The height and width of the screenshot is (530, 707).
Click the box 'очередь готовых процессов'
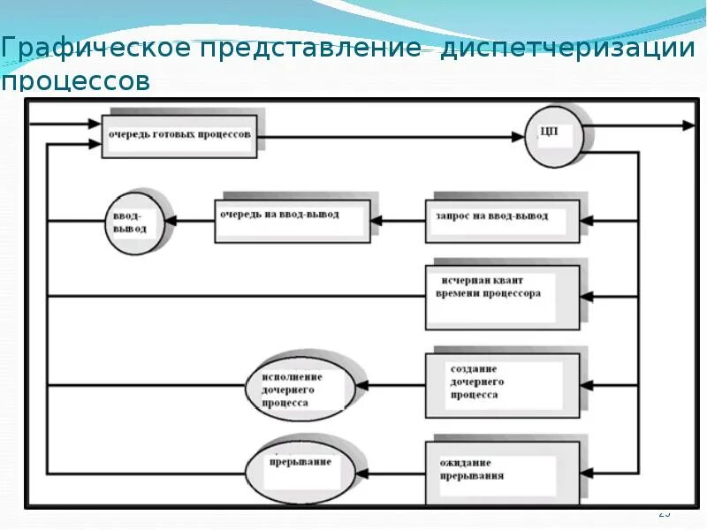click(179, 135)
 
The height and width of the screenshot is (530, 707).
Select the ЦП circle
click(554, 135)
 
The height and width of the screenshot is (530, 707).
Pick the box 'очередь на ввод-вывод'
click(292, 216)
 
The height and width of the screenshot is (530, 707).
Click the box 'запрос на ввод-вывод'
click(502, 217)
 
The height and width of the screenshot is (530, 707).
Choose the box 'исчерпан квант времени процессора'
click(502, 294)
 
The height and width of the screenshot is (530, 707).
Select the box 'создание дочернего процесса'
click(502, 384)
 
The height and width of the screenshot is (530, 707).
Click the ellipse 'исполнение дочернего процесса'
click(300, 386)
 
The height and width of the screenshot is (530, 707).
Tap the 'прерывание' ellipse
click(300, 466)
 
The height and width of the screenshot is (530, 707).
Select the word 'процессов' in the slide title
click(75, 82)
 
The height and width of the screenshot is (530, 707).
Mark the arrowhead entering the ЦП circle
click(520, 136)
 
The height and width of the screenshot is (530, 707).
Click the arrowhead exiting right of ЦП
click(689, 126)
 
